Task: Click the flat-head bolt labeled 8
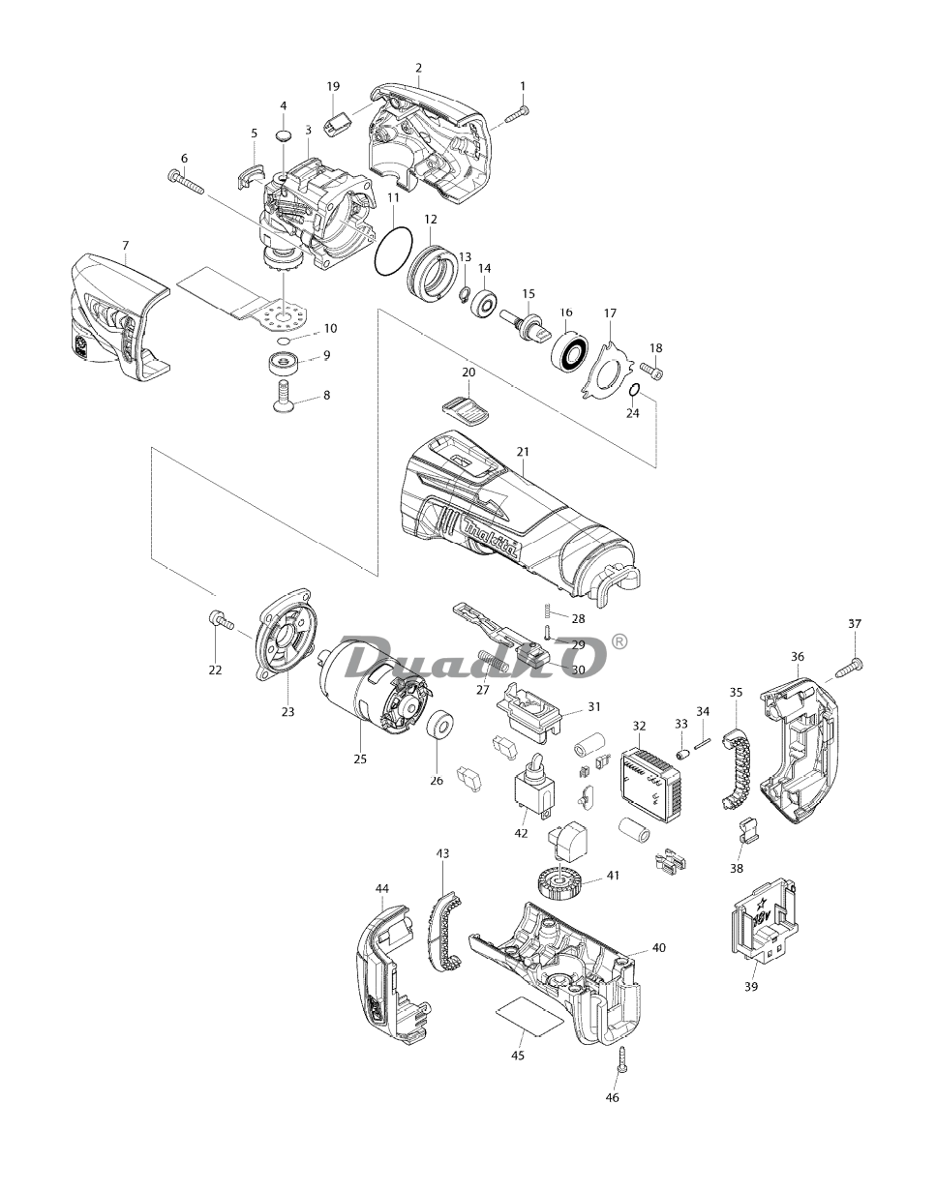tap(282, 398)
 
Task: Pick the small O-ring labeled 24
tap(634, 390)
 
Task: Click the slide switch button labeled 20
tap(466, 408)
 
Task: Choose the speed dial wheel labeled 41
tap(556, 883)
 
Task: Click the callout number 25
tap(360, 759)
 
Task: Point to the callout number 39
tap(751, 987)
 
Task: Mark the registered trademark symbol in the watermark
tap(620, 640)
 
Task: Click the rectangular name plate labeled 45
tap(528, 1014)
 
